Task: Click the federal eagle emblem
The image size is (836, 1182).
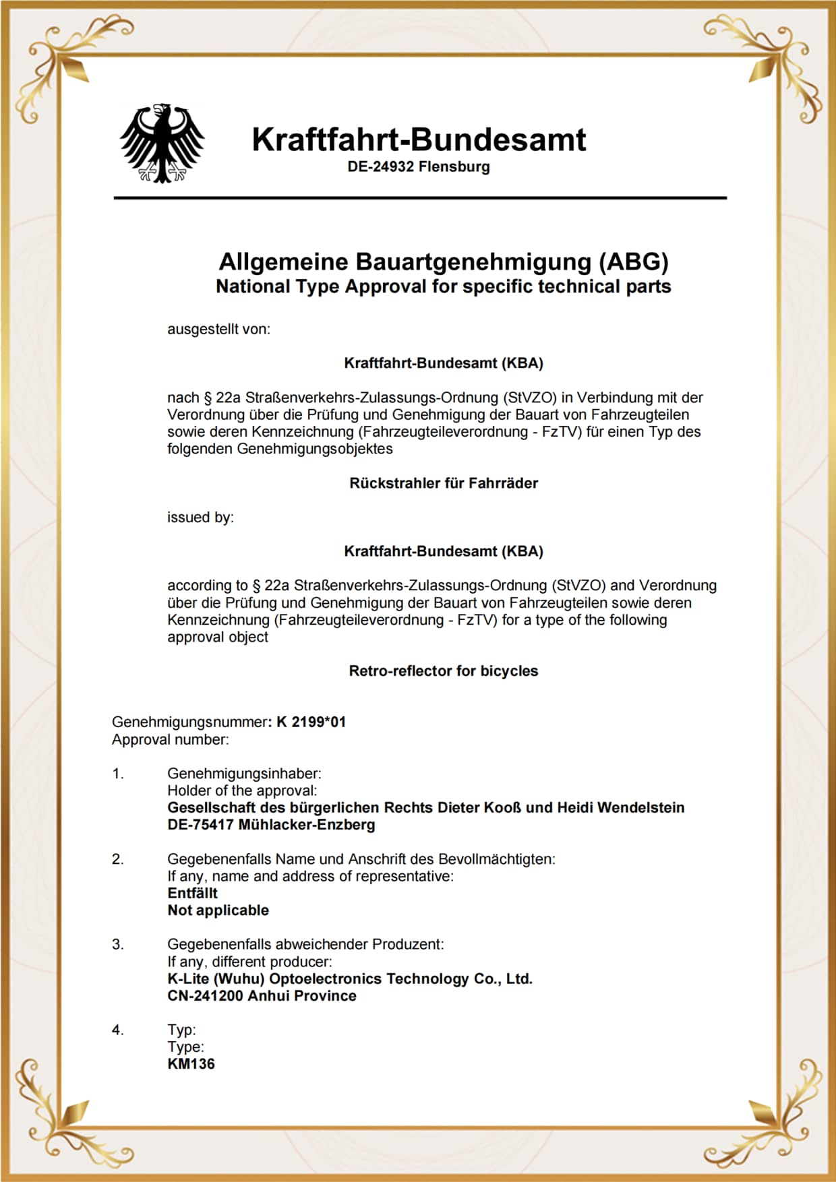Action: pyautogui.click(x=162, y=143)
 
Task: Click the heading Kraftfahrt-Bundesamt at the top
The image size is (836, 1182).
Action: pyautogui.click(x=419, y=139)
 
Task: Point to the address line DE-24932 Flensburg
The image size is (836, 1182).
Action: pyautogui.click(x=419, y=166)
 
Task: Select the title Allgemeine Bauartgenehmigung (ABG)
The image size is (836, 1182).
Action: pyautogui.click(x=444, y=261)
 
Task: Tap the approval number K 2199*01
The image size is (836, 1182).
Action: pyautogui.click(x=311, y=722)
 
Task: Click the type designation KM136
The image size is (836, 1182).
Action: pyautogui.click(x=191, y=1064)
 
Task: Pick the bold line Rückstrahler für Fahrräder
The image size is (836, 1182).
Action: pyautogui.click(x=444, y=483)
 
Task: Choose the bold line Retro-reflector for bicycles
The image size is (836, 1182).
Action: pyautogui.click(x=444, y=671)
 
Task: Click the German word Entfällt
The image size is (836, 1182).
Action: pyautogui.click(x=192, y=893)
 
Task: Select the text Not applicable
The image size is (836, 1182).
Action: pyautogui.click(x=218, y=910)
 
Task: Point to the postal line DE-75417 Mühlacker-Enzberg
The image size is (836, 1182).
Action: pyautogui.click(x=271, y=825)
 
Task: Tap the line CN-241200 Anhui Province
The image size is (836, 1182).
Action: pyautogui.click(x=262, y=996)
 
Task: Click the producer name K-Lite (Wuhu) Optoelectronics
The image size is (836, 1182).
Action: pyautogui.click(x=350, y=978)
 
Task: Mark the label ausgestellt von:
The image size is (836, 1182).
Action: pyautogui.click(x=218, y=330)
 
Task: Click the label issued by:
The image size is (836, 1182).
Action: pyautogui.click(x=200, y=518)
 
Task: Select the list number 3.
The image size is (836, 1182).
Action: pyautogui.click(x=118, y=945)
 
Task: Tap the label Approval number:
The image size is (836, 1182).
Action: pyautogui.click(x=170, y=740)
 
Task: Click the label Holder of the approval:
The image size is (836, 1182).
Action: pyautogui.click(x=242, y=790)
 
